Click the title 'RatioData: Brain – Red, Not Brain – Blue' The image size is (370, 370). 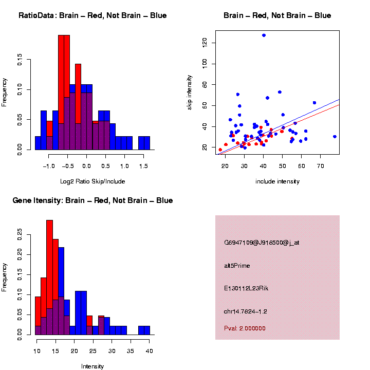coord(92,15)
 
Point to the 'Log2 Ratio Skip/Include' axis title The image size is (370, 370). coord(92,181)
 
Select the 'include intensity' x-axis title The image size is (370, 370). coord(277,181)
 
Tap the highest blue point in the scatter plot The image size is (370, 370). coord(264,35)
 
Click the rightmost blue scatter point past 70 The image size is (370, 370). coord(335,137)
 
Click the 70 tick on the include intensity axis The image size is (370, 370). coord(320,166)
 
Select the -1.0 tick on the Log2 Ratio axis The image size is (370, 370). coord(48,166)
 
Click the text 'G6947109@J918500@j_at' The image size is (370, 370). coord(262,243)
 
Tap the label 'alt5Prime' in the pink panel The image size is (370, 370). coord(236,265)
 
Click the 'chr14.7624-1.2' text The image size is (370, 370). coord(246,311)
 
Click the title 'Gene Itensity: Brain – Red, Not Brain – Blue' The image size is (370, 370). coord(92,200)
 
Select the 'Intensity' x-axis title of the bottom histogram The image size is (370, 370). coord(92,366)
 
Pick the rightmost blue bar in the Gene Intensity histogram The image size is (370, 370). coord(144,330)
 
